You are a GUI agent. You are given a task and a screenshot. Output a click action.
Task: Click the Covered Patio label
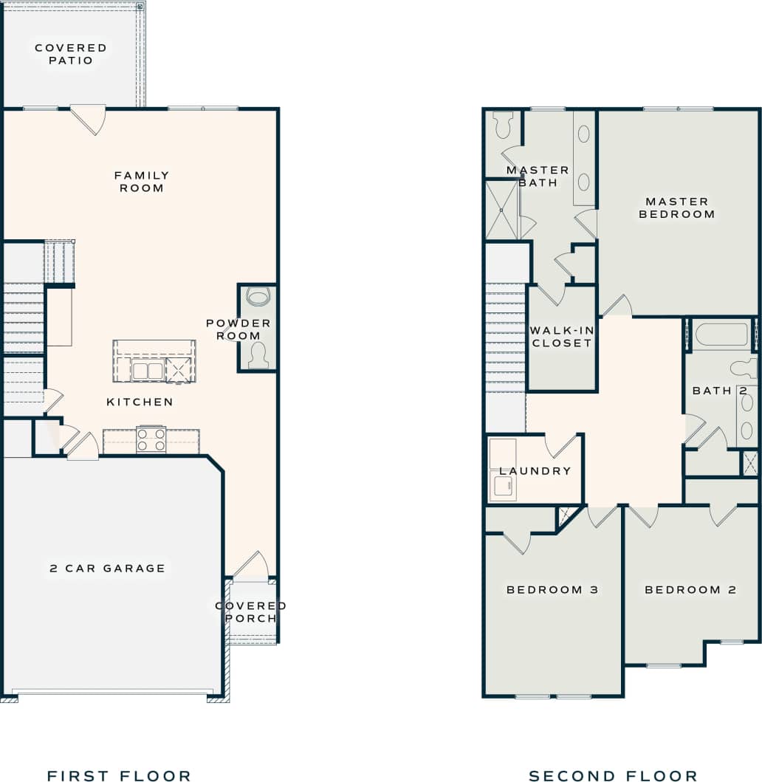71,54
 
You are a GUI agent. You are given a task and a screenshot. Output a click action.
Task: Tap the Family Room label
142,182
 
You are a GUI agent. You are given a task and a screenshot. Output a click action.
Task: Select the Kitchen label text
140,402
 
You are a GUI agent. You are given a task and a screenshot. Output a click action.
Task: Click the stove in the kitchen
151,440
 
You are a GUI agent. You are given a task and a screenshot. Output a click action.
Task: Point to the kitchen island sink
147,370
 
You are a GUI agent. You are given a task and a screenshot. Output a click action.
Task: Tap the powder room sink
258,298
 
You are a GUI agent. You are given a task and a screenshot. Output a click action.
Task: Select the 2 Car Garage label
108,569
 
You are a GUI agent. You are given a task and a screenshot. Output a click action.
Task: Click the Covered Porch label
250,612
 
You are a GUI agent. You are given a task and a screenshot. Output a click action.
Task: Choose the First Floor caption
119,775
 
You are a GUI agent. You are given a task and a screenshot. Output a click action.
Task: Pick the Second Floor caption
613,775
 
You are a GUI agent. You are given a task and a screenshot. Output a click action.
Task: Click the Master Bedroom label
677,207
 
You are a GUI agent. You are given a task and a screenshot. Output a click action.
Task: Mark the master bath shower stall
502,210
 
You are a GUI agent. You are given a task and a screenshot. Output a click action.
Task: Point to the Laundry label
535,471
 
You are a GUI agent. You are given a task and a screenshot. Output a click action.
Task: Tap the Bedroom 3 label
552,590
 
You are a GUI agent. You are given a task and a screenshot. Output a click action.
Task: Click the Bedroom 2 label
691,590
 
